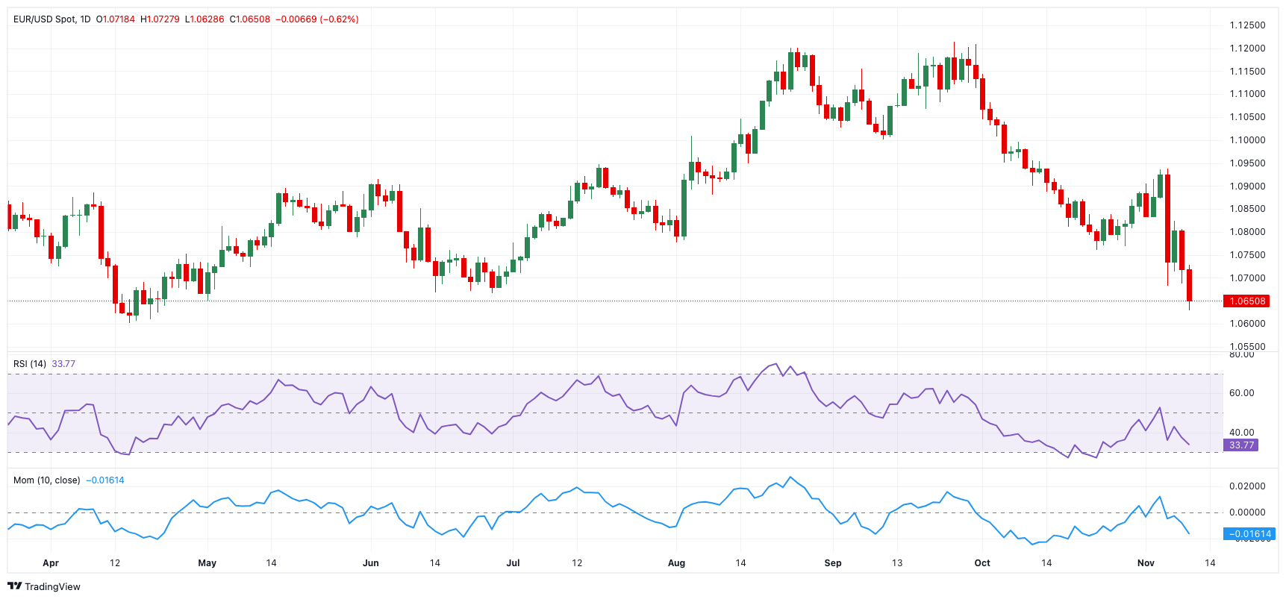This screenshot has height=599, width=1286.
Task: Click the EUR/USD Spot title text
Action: click(x=44, y=19)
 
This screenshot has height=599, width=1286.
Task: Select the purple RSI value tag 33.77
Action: click(x=1241, y=445)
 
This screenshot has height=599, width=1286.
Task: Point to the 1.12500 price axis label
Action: click(x=1247, y=25)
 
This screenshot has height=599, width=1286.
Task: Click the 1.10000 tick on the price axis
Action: click(x=1247, y=140)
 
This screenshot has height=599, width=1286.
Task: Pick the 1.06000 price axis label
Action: click(x=1247, y=324)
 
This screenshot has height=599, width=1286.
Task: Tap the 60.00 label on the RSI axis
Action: click(x=1242, y=393)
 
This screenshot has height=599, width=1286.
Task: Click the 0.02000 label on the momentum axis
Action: click(x=1247, y=486)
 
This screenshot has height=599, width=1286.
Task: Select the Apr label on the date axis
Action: click(x=51, y=563)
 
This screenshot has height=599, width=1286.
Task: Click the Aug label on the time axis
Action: click(x=676, y=563)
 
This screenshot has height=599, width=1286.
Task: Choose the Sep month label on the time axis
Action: click(x=833, y=563)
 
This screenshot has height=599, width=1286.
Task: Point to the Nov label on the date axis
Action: click(x=1146, y=563)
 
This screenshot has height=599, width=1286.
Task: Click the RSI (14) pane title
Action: click(x=30, y=364)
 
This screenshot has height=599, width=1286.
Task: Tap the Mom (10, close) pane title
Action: click(x=46, y=480)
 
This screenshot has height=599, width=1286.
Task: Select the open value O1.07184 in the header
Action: click(x=116, y=19)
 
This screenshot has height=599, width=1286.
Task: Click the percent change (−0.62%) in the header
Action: click(x=339, y=19)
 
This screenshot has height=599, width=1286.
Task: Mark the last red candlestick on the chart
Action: click(x=1189, y=286)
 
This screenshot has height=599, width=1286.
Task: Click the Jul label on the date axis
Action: click(x=513, y=563)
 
